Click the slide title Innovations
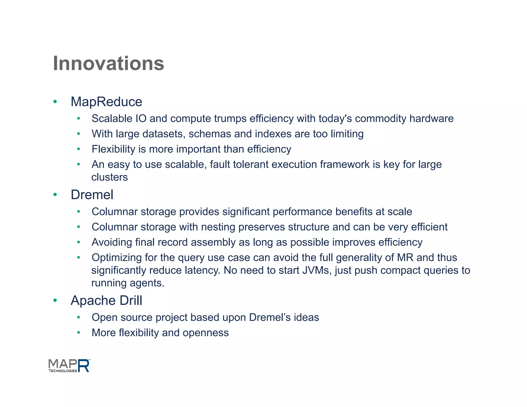coord(108,64)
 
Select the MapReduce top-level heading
coord(106,102)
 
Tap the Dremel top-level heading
coord(92,194)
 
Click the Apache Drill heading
coord(106,300)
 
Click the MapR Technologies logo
coord(69,366)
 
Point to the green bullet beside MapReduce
coord(55,102)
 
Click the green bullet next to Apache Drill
coord(55,300)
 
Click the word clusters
coord(110,177)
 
